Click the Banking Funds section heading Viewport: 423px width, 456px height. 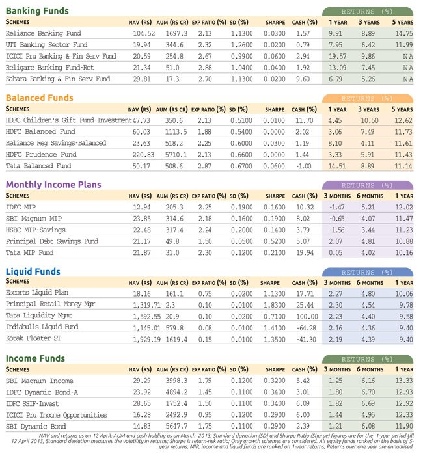[x=37, y=11]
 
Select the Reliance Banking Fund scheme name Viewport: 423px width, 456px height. [x=44, y=33]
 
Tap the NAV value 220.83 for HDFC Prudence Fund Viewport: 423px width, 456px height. [x=143, y=155]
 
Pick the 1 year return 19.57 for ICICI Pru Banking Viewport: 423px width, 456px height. [x=338, y=56]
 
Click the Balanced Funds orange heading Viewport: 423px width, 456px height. [x=40, y=98]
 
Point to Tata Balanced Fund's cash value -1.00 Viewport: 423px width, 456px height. [x=303, y=166]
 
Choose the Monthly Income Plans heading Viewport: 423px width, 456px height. [x=53, y=185]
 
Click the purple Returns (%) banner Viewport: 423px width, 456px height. [x=368, y=185]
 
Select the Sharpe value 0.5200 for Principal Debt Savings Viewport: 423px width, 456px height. [x=275, y=241]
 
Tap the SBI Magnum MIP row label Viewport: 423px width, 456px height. [x=34, y=219]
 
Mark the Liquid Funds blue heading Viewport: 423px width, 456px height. [x=33, y=272]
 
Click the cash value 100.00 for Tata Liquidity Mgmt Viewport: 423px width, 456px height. [x=307, y=317]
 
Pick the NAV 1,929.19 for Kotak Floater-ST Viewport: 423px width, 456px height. [x=146, y=340]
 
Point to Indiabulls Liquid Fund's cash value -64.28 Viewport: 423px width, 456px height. [x=306, y=328]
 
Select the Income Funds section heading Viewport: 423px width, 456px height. [x=35, y=358]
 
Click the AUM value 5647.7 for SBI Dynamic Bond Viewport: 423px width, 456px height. [x=176, y=426]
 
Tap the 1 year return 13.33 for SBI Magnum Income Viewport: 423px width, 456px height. [x=403, y=381]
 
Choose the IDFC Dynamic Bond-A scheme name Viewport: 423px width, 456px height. [x=42, y=392]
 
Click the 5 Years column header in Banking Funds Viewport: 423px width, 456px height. [x=403, y=22]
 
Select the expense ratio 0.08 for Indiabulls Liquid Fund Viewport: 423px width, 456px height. [x=205, y=328]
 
